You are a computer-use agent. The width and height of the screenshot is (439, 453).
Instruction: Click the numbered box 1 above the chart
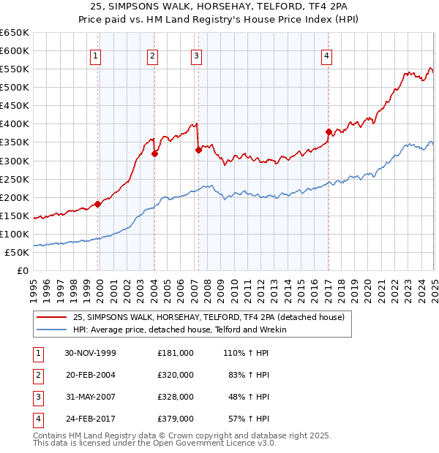tap(96, 56)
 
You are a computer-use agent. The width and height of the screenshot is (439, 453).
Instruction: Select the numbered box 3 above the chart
tap(197, 56)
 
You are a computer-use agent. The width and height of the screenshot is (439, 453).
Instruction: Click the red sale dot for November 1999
tap(98, 204)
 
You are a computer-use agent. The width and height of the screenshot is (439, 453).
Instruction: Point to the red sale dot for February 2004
tap(154, 153)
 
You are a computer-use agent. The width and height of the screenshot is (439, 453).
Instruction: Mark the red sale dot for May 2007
tap(198, 151)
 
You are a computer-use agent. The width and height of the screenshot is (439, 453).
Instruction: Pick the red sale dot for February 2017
tap(329, 132)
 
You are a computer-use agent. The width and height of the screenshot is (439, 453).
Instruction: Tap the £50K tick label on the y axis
tap(18, 253)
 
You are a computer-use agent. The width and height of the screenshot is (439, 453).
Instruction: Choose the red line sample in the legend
tap(52, 317)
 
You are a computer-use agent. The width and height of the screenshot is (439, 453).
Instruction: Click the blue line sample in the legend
tap(52, 330)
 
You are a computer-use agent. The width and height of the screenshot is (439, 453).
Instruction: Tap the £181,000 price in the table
tap(176, 353)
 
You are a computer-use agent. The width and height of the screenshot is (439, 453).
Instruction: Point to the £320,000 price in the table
tap(176, 375)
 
